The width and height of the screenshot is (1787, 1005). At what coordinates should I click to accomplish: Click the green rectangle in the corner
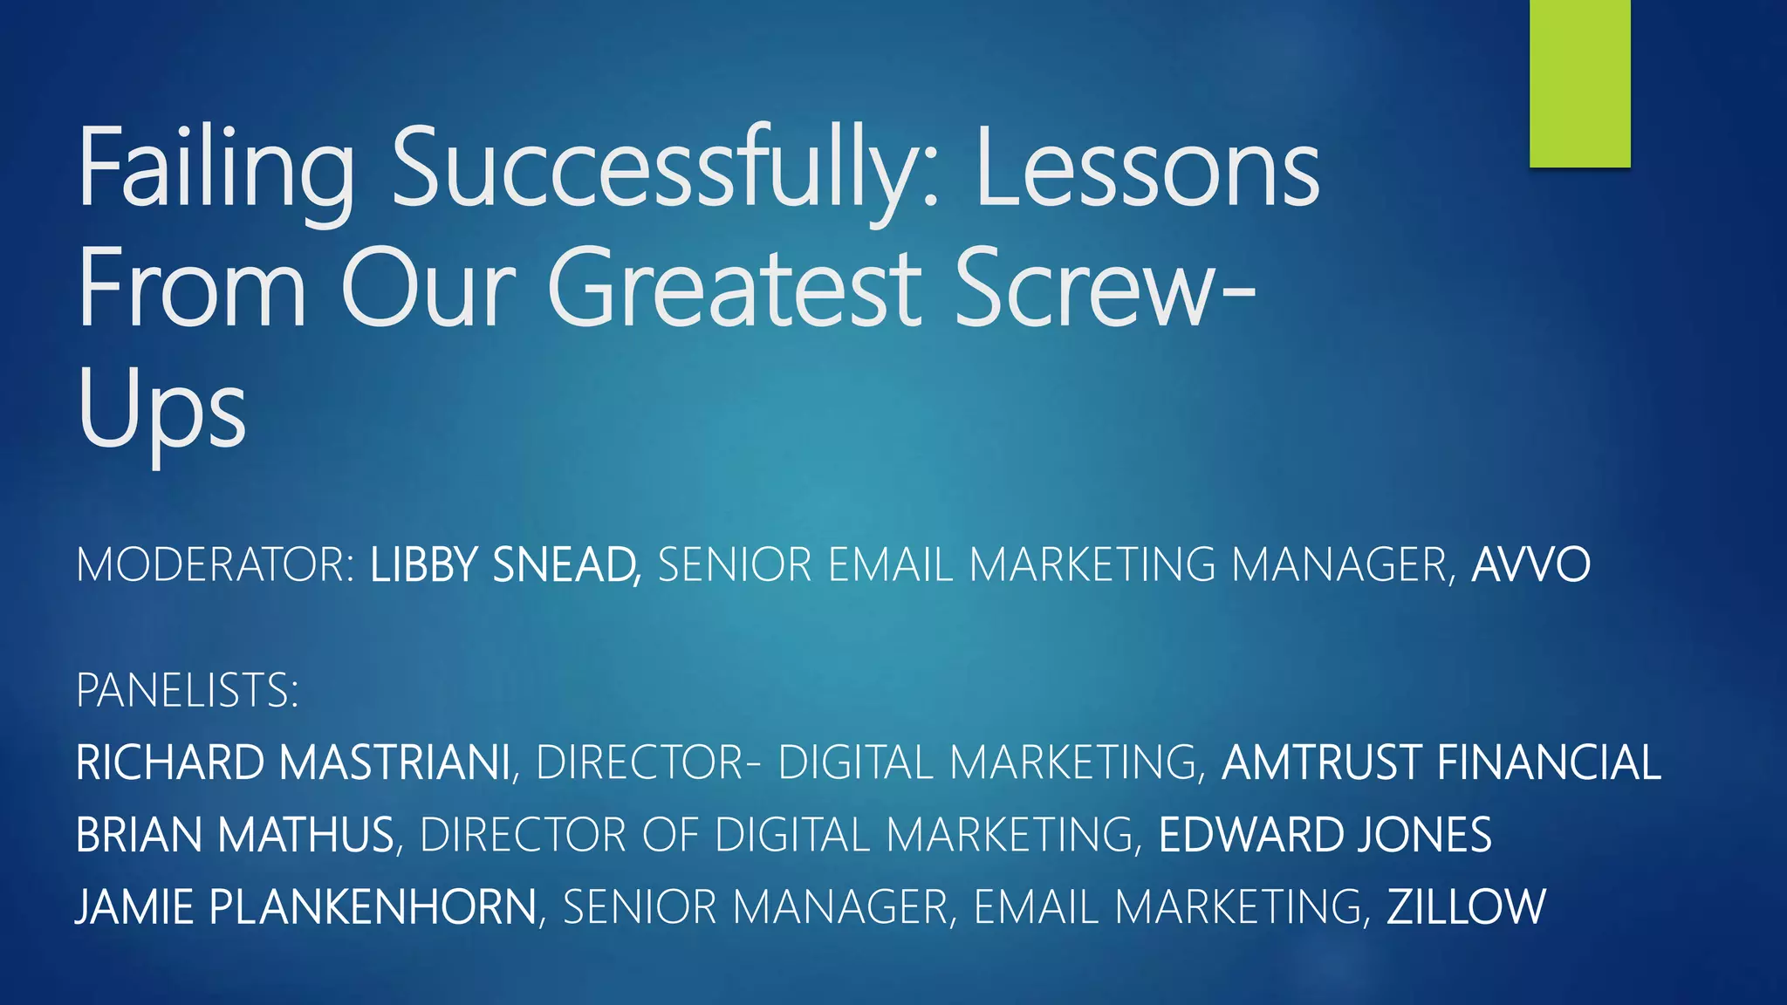pos(1579,83)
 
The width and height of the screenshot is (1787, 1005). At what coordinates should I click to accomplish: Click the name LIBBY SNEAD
pos(504,564)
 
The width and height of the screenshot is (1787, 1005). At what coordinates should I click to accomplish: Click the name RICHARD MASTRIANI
pos(293,762)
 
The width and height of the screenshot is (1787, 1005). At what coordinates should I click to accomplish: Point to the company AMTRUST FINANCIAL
pos(1441,762)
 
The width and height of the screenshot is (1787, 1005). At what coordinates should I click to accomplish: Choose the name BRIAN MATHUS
pos(235,835)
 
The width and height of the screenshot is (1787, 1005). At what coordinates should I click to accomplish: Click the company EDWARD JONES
pos(1325,835)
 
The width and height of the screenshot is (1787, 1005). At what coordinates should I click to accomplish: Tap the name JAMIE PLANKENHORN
pos(306,907)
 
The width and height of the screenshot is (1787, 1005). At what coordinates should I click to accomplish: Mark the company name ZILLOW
pos(1466,907)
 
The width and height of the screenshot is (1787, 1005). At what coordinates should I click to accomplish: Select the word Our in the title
pos(428,288)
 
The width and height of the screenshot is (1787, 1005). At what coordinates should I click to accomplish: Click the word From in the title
pos(192,288)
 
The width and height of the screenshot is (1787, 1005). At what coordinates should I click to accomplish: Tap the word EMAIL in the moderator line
pos(889,564)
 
